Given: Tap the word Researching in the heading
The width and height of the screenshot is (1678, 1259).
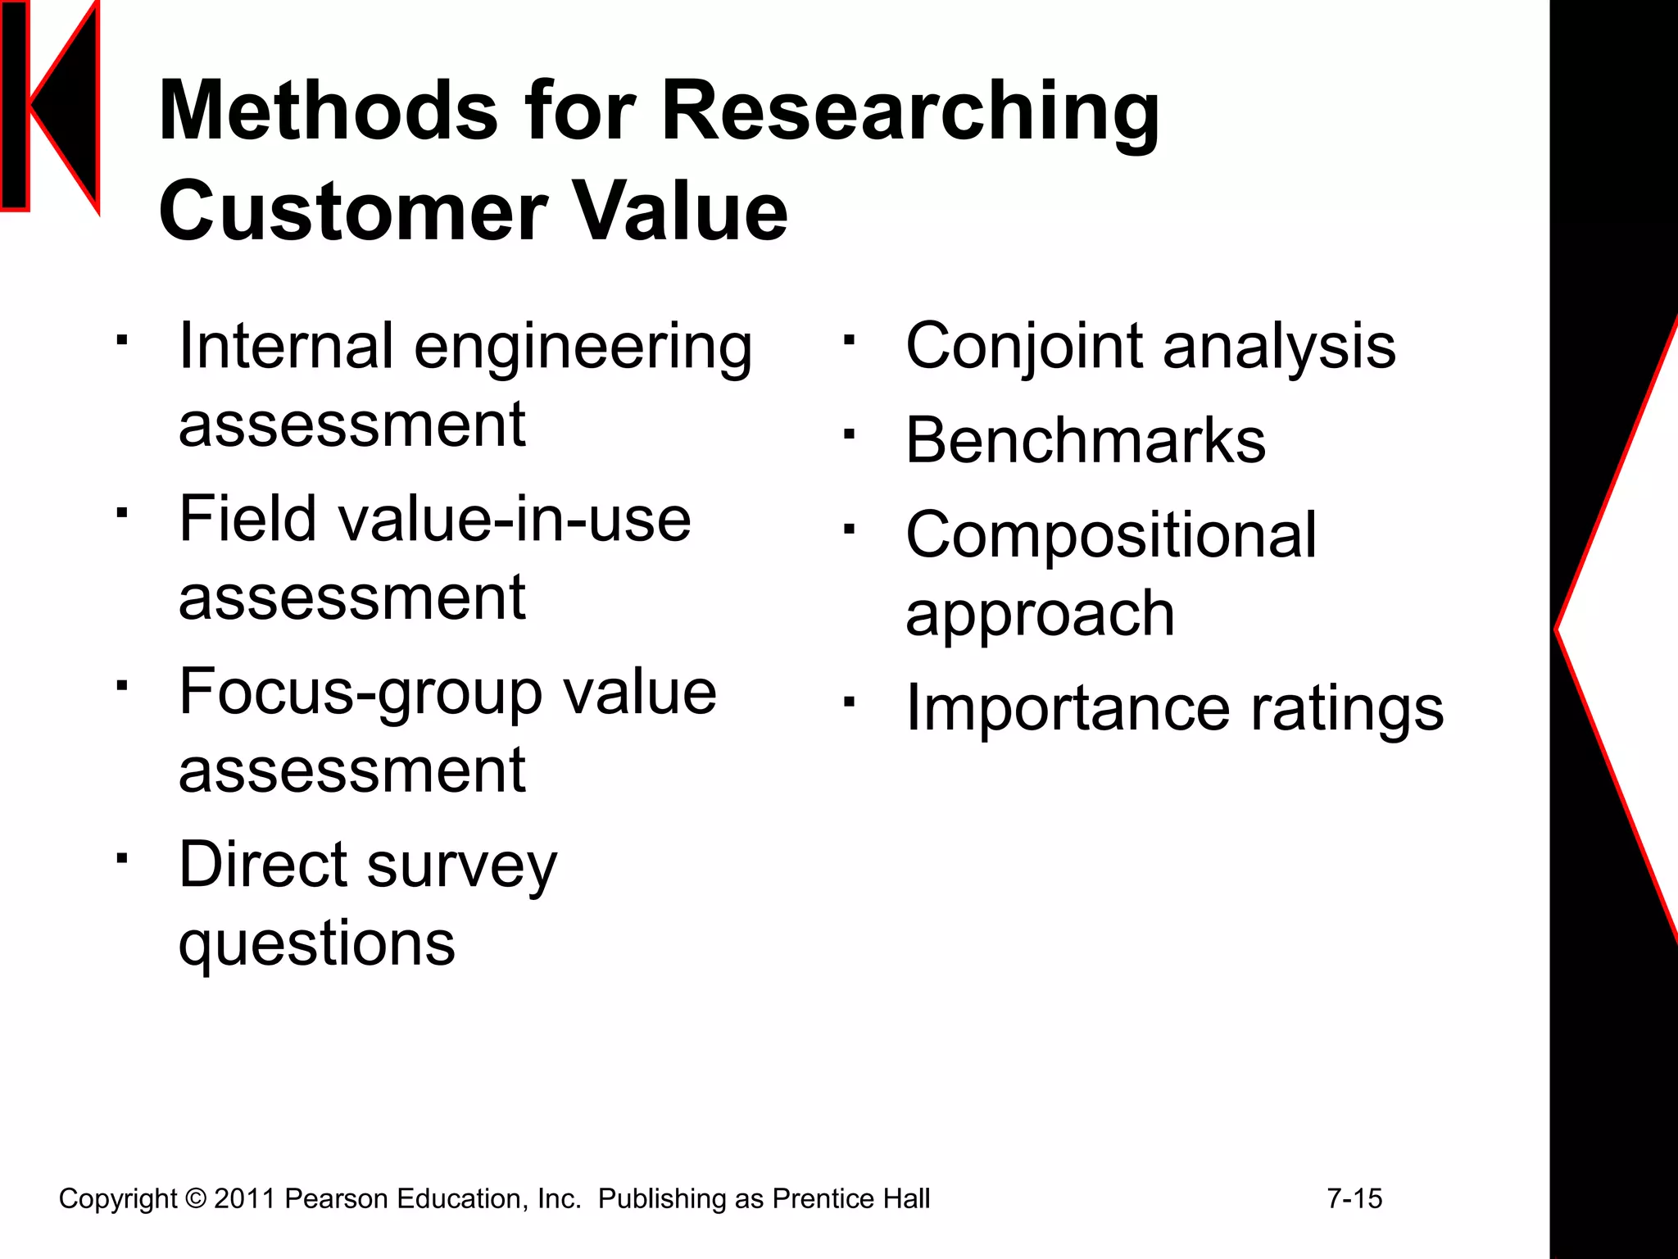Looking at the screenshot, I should (x=910, y=113).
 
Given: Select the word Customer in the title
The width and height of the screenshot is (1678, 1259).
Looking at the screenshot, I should (x=353, y=211).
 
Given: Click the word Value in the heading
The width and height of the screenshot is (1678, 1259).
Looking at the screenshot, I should (x=679, y=211).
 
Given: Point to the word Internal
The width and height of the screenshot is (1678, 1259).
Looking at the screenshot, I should (x=287, y=346).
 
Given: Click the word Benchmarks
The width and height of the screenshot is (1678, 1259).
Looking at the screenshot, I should (x=1086, y=441).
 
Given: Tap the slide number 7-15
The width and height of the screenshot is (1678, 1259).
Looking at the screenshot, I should (x=1354, y=1198).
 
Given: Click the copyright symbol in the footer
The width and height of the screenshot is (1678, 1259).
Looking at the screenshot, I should (x=196, y=1198).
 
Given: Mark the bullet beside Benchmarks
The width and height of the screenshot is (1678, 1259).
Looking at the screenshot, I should (x=850, y=435).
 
